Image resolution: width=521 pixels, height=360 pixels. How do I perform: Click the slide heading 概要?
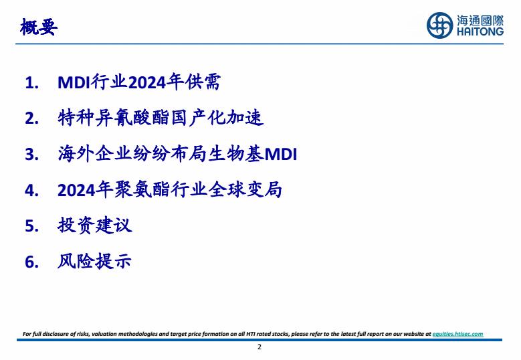(x=39, y=27)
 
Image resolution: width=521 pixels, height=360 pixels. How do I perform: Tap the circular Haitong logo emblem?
(x=439, y=25)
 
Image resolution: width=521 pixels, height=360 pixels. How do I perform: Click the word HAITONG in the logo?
(x=480, y=31)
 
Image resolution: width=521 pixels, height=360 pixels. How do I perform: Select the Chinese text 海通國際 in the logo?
(x=480, y=21)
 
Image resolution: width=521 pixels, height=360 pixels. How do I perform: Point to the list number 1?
(x=31, y=83)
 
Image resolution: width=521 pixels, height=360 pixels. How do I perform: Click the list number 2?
(x=31, y=118)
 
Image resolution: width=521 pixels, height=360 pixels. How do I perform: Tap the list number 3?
(x=31, y=155)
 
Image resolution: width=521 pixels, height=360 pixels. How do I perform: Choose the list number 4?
(x=31, y=191)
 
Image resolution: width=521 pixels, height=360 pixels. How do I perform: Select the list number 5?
(x=31, y=226)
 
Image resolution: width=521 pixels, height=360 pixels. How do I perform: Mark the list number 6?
(x=31, y=262)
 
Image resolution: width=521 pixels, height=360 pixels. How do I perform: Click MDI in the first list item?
(x=74, y=82)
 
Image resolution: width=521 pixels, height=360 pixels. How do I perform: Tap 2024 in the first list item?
(x=147, y=82)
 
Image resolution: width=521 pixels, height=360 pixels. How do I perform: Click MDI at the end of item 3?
(x=281, y=155)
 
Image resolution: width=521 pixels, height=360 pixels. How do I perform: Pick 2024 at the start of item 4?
(x=76, y=191)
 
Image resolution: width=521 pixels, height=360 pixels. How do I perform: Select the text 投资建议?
(x=95, y=226)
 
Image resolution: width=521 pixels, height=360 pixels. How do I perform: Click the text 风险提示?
(x=95, y=261)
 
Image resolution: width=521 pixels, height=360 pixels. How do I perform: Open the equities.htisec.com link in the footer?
(x=458, y=334)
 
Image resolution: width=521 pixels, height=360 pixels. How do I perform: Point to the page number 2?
(x=259, y=347)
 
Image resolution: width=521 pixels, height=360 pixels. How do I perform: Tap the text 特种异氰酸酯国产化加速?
(x=161, y=118)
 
